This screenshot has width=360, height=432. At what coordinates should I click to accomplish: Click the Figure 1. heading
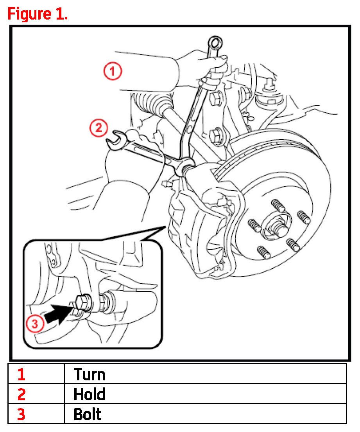coord(38,14)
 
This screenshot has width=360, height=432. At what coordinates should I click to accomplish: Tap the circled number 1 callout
coord(112,72)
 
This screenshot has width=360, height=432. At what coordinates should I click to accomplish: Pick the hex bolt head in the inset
coord(83,303)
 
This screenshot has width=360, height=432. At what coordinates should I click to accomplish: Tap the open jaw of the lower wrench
coord(116,139)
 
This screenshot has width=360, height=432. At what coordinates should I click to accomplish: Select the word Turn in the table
coord(90,374)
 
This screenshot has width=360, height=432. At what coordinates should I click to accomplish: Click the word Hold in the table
coord(90,394)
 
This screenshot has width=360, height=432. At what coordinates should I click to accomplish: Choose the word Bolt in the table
coord(88,414)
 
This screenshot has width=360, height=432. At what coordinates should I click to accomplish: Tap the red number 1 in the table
coord(21,374)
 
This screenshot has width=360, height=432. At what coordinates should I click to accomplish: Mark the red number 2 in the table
coord(21,394)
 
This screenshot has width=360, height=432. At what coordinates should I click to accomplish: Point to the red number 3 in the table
coord(21,414)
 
